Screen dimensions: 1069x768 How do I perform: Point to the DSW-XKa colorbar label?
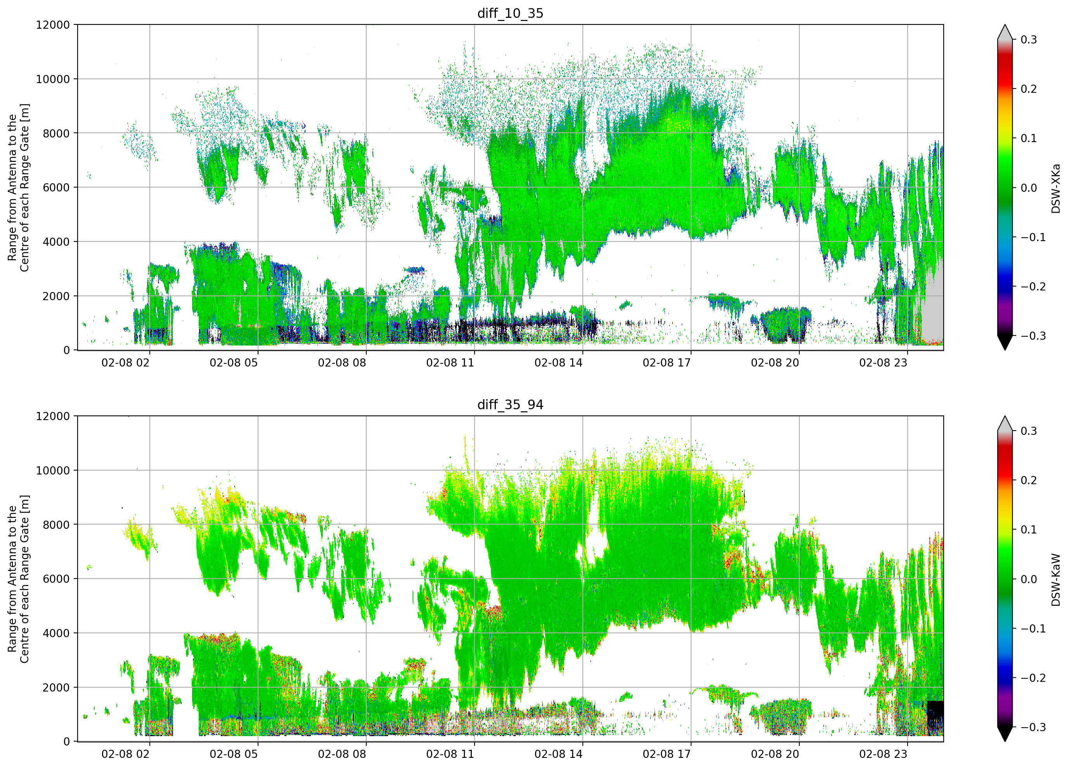tap(1055, 188)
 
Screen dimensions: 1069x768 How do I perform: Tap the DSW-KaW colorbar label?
tap(1055, 580)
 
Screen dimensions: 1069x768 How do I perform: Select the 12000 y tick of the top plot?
tap(53, 25)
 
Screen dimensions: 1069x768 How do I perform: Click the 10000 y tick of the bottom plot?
tap(53, 470)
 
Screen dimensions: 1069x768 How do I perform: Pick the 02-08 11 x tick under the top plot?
tap(450, 363)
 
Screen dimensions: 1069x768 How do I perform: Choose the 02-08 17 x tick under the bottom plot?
tap(667, 754)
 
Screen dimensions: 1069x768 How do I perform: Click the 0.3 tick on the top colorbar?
tap(1029, 40)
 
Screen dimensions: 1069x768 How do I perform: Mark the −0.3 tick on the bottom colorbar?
tap(1033, 727)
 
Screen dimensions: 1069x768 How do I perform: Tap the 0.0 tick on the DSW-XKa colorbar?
tap(1029, 188)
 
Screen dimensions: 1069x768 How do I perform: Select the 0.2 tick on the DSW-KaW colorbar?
tap(1029, 480)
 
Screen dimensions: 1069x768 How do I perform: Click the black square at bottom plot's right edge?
tap(935, 718)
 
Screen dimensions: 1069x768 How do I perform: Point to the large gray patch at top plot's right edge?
tap(932, 307)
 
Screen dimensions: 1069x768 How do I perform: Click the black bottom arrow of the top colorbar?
tap(1005, 342)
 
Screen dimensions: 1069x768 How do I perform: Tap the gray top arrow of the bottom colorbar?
tap(1005, 424)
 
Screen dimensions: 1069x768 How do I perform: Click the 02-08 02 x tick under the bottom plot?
tap(125, 754)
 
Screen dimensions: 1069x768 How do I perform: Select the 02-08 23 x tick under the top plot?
tap(883, 363)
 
